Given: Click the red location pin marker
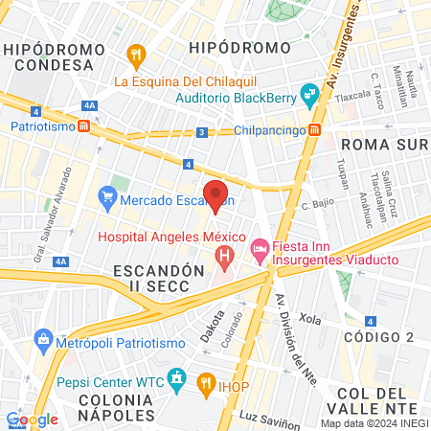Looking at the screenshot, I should tap(215, 196).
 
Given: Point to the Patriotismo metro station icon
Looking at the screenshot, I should tap(84, 125).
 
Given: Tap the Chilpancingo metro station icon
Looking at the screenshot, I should tap(315, 130).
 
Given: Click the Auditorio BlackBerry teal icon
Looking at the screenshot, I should tap(307, 95).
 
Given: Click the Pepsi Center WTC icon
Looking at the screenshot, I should tap(175, 379).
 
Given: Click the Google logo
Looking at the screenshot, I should tap(32, 419).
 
